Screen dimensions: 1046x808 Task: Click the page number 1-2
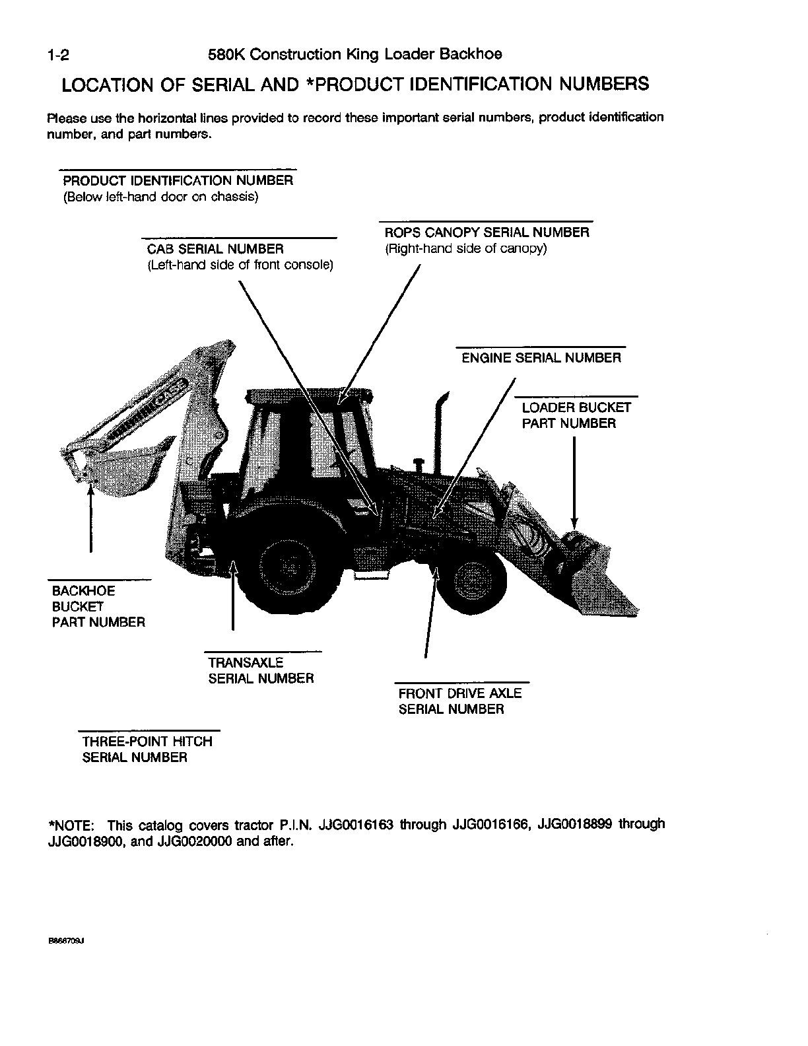(59, 55)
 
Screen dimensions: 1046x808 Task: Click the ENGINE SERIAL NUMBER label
(541, 358)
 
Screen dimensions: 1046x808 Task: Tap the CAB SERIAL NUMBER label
(215, 249)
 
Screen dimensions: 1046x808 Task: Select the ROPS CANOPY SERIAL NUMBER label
(487, 232)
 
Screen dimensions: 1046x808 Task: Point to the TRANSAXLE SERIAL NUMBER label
(261, 670)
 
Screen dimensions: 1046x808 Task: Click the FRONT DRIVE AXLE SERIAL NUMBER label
(459, 701)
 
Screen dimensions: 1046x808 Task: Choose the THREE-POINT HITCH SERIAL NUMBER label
(147, 750)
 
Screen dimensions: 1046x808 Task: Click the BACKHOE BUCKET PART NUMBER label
(98, 606)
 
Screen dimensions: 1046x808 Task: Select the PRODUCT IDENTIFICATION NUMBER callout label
(178, 180)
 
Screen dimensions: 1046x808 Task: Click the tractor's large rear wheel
(288, 567)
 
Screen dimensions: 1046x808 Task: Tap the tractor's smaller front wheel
(471, 578)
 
